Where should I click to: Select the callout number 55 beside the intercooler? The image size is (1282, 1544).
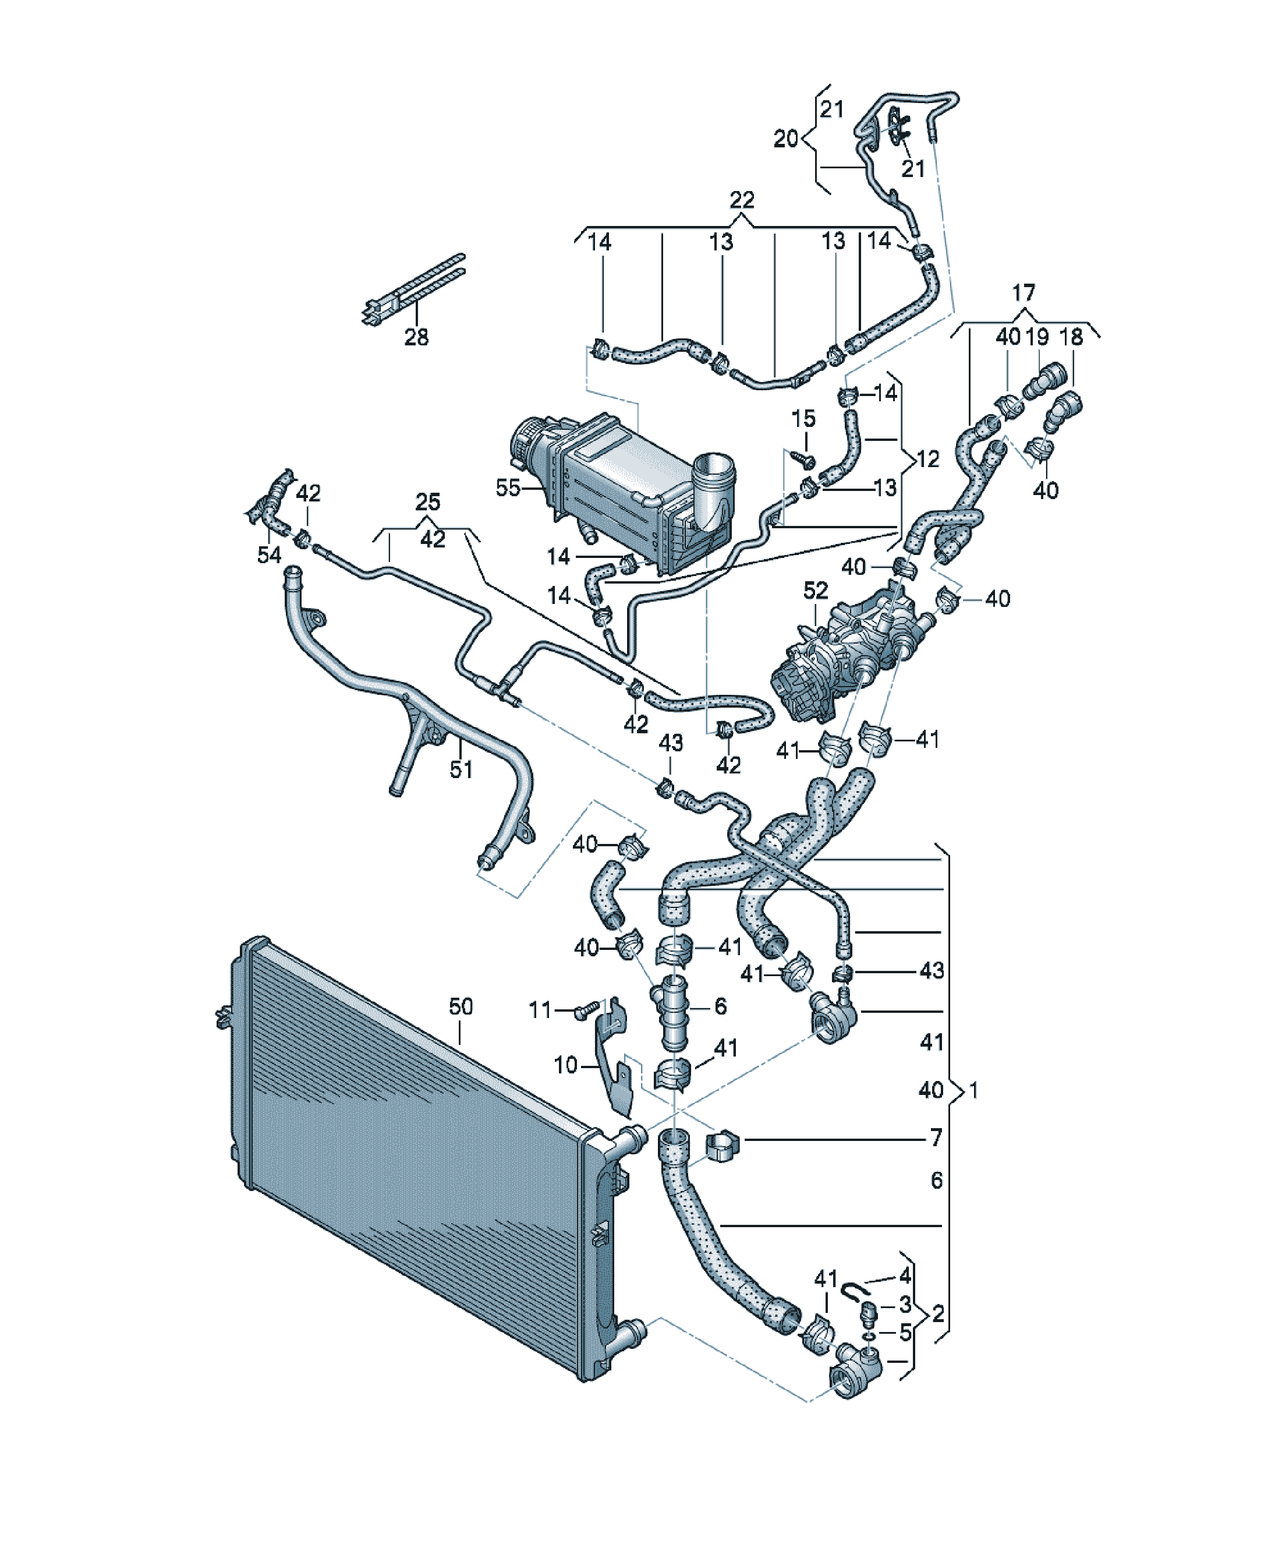[508, 487]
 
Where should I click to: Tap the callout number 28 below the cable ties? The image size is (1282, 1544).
[416, 337]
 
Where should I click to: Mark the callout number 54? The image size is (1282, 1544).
[269, 555]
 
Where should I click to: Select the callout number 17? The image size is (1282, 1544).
[1024, 294]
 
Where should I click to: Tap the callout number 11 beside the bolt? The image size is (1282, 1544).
[540, 1011]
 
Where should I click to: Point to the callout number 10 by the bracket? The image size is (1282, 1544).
[565, 1065]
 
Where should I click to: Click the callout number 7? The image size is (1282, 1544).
[936, 1138]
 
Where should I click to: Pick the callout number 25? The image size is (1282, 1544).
[428, 502]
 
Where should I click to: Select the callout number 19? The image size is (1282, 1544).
[1036, 337]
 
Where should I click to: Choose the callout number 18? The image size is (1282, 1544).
[1071, 337]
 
